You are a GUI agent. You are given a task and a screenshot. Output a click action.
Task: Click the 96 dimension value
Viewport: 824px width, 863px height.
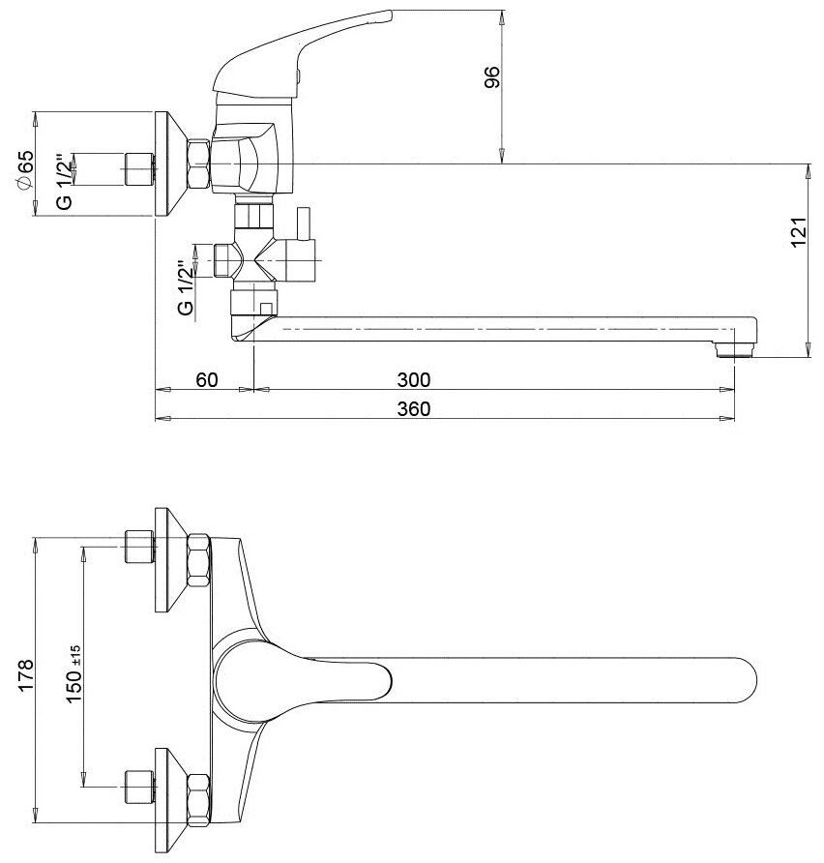490,78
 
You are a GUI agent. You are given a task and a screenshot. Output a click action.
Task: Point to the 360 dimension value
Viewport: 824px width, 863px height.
414,408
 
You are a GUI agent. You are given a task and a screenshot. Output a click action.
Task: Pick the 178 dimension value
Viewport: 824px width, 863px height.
26,673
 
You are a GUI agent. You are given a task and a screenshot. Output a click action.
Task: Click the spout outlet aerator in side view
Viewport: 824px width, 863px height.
733,347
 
